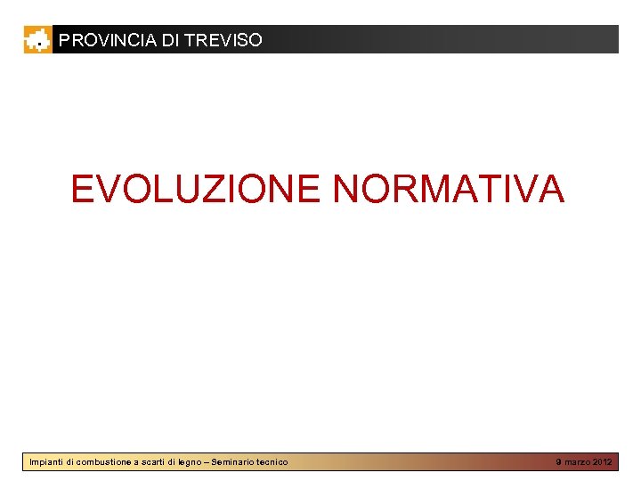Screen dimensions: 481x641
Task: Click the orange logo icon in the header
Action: click(x=37, y=39)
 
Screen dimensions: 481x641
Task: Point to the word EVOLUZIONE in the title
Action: click(x=195, y=189)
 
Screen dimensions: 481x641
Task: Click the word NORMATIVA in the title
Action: click(x=449, y=189)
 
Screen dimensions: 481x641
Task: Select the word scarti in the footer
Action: click(x=153, y=462)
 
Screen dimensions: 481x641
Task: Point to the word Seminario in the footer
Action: click(x=237, y=462)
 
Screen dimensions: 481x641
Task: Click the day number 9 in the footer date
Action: click(x=558, y=462)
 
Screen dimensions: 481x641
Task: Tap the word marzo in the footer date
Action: click(x=577, y=462)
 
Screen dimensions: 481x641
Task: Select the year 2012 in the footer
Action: click(x=603, y=462)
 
